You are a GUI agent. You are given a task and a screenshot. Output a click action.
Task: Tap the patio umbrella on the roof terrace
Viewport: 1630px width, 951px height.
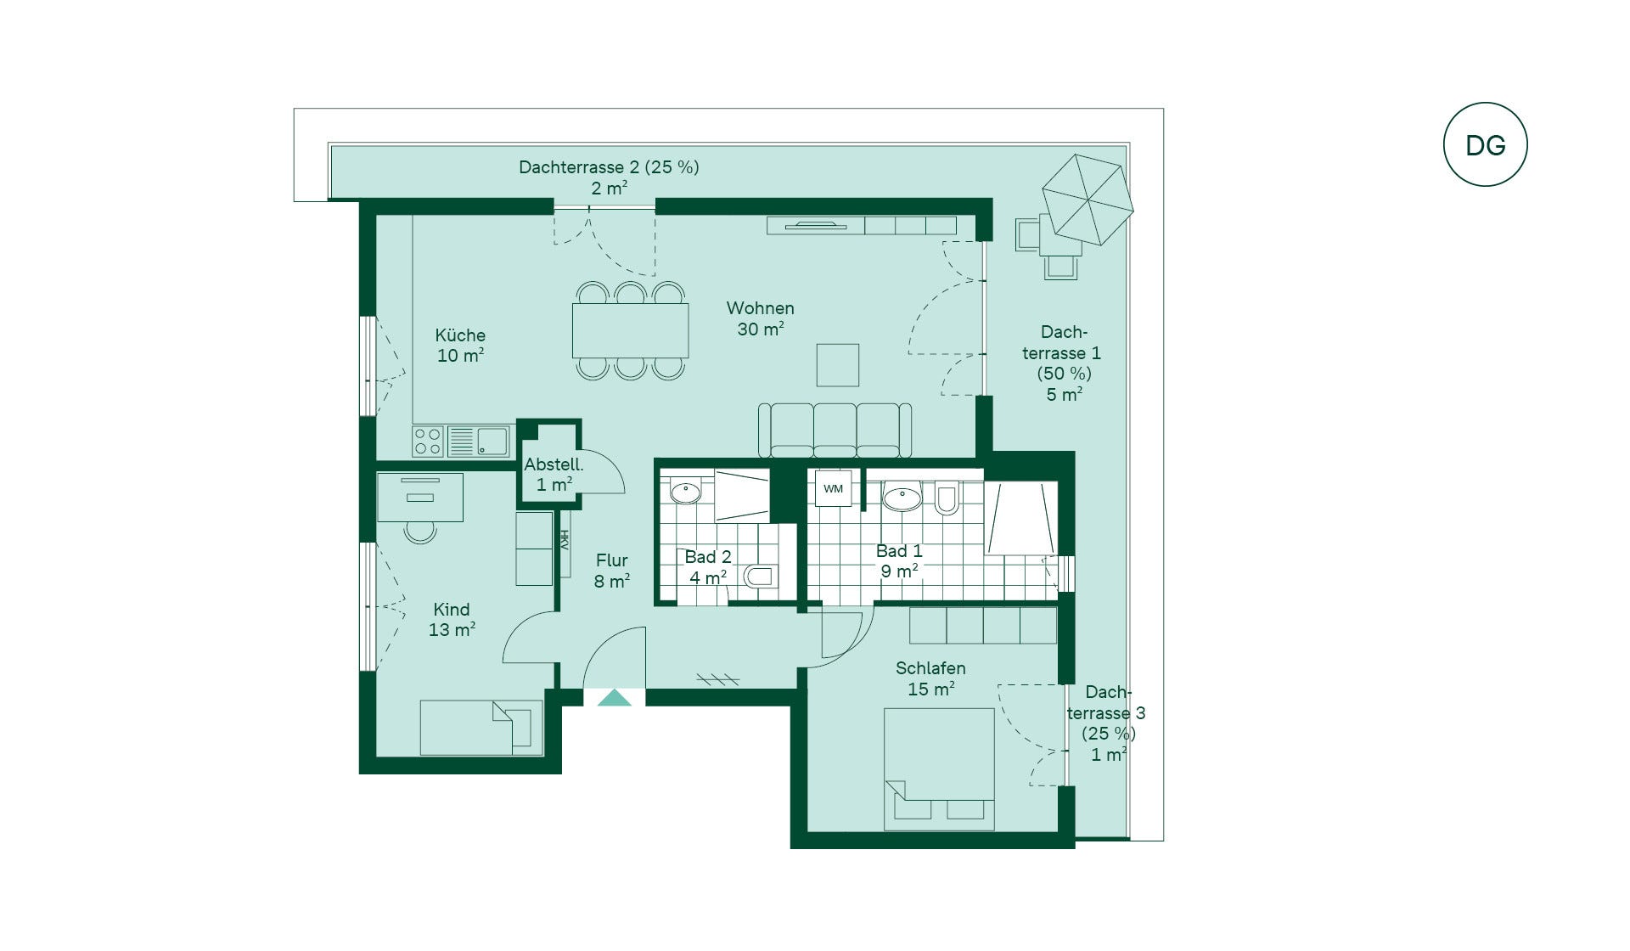tap(1088, 199)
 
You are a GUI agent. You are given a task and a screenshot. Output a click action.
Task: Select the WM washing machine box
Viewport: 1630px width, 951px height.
tap(833, 488)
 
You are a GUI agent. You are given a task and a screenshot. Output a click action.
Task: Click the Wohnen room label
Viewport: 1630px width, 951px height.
tap(761, 308)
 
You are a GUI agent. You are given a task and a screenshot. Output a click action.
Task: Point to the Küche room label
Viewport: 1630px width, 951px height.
tap(460, 335)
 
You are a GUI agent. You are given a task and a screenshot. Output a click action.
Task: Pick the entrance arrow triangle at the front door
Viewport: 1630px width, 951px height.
tap(615, 698)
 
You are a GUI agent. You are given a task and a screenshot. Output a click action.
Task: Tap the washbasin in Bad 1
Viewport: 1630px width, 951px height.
tap(902, 497)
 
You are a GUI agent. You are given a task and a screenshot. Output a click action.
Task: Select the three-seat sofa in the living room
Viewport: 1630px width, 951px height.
tap(835, 430)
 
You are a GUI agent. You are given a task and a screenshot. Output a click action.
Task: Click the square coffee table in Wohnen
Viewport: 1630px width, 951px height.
tap(838, 365)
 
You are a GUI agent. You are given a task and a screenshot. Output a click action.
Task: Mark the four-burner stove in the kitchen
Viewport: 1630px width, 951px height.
tap(428, 442)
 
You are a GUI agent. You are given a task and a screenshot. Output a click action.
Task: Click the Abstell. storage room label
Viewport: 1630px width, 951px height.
tap(554, 464)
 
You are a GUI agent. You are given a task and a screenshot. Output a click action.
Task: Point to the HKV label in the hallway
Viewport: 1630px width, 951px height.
tap(564, 540)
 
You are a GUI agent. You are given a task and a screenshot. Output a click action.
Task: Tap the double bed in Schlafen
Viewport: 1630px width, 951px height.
tap(939, 769)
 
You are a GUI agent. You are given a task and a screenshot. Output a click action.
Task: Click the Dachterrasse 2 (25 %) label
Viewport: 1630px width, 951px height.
tap(609, 167)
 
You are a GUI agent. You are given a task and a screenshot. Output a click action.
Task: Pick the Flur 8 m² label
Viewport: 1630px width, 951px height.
tap(611, 571)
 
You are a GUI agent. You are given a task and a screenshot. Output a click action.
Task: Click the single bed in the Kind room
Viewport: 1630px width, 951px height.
tap(481, 728)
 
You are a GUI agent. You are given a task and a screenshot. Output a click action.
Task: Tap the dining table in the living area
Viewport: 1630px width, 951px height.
tap(630, 330)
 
